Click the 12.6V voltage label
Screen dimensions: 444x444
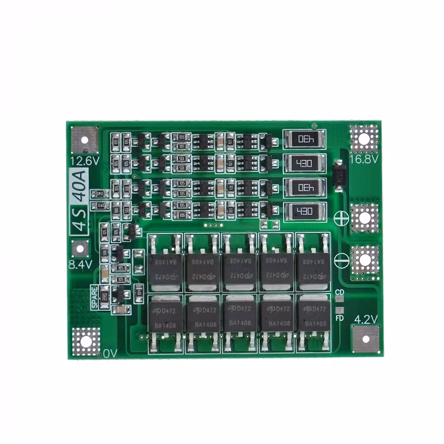pyautogui.click(x=85, y=161)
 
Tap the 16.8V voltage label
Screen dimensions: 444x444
pyautogui.click(x=364, y=159)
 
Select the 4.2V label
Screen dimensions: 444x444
pyautogui.click(x=366, y=319)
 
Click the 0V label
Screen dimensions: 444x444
pyautogui.click(x=110, y=354)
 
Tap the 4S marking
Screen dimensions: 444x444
pyautogui.click(x=80, y=221)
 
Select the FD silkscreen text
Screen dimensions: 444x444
pyautogui.click(x=339, y=318)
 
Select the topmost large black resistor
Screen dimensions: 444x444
pyautogui.click(x=305, y=139)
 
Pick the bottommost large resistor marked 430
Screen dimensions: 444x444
pyautogui.click(x=305, y=212)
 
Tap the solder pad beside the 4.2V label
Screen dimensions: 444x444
pyautogui.click(x=366, y=339)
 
